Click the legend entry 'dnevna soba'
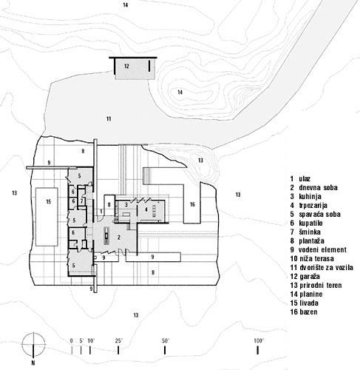318,187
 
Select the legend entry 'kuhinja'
310,196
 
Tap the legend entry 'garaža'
310,276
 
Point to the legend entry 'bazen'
308,312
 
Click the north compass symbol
33,344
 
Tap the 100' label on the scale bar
259,341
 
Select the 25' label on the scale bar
118,341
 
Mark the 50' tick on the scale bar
165,350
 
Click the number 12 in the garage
126,66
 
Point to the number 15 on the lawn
48,201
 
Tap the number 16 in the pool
192,204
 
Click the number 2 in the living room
119,238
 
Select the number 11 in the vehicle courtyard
109,119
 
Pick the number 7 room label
81,201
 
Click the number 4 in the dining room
146,209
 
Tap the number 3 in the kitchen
126,204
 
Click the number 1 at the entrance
101,212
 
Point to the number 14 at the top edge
126,5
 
